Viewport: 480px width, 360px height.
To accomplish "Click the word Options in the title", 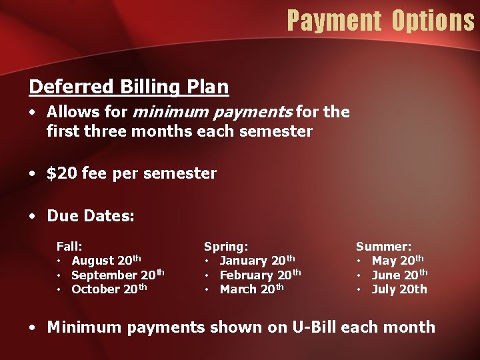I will pyautogui.click(x=433, y=21).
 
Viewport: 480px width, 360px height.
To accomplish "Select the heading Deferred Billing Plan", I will pyautogui.click(x=129, y=87).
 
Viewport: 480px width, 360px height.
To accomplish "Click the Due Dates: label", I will pyautogui.click(x=91, y=216).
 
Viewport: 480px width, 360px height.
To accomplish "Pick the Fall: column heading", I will pyautogui.click(x=69, y=246).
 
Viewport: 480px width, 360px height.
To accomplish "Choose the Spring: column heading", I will pyautogui.click(x=226, y=246).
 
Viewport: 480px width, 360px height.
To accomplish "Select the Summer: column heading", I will pyautogui.click(x=383, y=246).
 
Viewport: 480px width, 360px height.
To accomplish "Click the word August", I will pyautogui.click(x=93, y=261).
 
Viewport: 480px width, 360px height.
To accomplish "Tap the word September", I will pyautogui.click(x=104, y=275).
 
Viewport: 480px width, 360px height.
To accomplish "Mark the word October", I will pyautogui.click(x=95, y=289).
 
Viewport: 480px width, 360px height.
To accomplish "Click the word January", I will pyautogui.click(x=243, y=261).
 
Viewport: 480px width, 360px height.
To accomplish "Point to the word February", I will pyautogui.click(x=246, y=275).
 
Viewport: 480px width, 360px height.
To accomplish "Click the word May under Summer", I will pyautogui.click(x=384, y=261).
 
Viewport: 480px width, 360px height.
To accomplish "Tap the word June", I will pyautogui.click(x=386, y=275).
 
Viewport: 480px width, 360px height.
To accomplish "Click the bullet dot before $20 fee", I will pyautogui.click(x=33, y=174).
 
